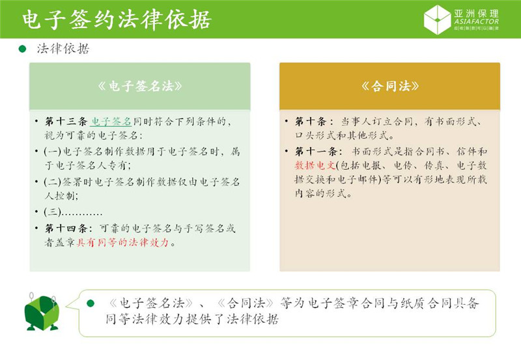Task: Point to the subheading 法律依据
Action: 63,49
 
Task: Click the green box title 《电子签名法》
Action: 139,86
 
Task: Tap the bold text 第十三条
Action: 65,122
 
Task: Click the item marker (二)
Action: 52,181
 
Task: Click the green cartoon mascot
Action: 42,312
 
